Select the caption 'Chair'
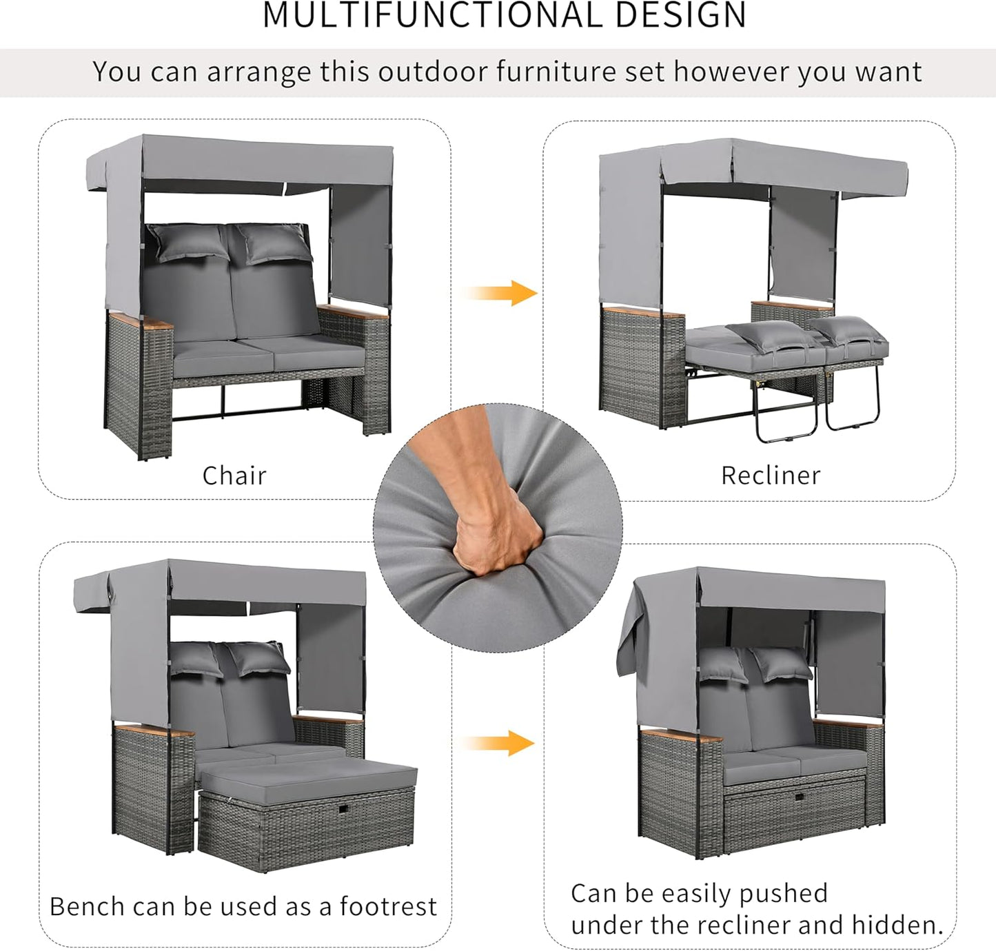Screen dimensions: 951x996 [x=234, y=475]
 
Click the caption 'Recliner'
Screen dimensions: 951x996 [x=771, y=475]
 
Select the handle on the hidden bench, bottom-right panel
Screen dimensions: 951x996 [x=799, y=797]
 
